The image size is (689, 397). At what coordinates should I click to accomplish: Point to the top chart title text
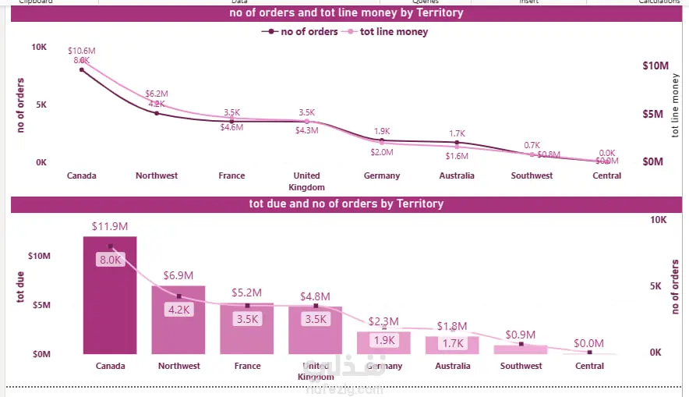[346, 12]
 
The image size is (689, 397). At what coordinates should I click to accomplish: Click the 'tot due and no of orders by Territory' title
[346, 204]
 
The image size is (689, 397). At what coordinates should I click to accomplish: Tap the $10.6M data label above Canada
[82, 51]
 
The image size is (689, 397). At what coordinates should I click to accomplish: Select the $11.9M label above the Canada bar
[110, 226]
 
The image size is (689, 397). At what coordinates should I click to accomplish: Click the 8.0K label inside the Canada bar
[110, 260]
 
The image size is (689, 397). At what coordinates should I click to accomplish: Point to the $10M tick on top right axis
[653, 66]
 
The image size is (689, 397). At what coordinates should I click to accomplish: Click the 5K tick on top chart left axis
[41, 105]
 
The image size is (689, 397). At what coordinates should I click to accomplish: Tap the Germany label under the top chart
[382, 175]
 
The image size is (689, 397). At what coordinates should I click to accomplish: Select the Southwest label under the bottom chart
[521, 366]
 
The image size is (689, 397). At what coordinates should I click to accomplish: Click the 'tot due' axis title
[21, 286]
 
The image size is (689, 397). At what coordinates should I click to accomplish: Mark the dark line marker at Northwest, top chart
[157, 113]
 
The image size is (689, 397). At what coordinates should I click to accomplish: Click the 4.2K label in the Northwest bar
[178, 310]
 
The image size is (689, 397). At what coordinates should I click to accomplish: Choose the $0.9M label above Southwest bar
[521, 335]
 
